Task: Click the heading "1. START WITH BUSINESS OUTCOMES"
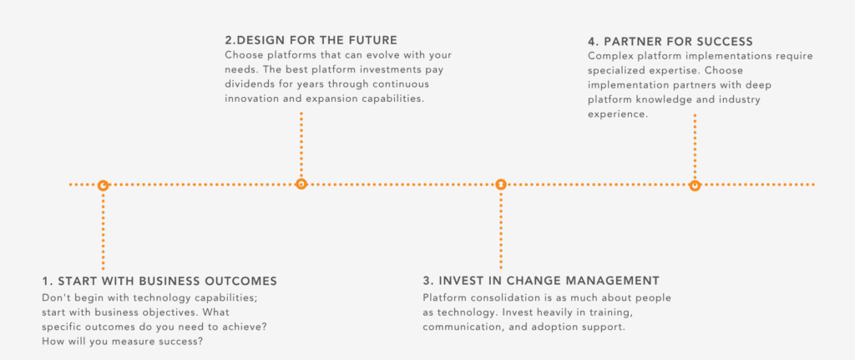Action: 159,281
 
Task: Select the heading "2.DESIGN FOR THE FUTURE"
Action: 311,40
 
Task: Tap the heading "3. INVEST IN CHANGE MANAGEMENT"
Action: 541,281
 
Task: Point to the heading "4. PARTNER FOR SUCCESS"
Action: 670,42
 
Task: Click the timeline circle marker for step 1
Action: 103,185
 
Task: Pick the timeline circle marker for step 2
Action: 301,185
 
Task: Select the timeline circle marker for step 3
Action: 501,185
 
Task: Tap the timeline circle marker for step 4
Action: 695,185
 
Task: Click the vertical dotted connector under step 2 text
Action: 301,145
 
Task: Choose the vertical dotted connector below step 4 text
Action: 695,146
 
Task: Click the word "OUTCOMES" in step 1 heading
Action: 245,281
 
